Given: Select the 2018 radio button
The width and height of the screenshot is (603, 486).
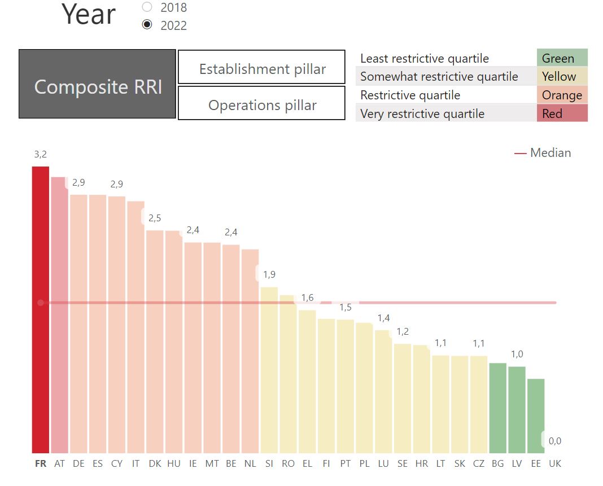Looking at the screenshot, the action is click(x=147, y=7).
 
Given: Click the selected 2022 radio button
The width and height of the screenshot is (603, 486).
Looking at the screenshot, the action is click(x=147, y=25).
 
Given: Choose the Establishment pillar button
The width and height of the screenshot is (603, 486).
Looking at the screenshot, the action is click(x=261, y=67).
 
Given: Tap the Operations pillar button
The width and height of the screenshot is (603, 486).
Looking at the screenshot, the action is click(x=261, y=103).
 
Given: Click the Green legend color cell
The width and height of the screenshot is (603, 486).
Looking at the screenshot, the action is click(x=562, y=58).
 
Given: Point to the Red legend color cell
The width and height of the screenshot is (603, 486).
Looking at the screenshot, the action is click(x=562, y=113).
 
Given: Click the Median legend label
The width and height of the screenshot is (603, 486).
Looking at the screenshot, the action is click(x=550, y=152).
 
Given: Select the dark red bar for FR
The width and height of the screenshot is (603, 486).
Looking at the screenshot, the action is click(x=41, y=310).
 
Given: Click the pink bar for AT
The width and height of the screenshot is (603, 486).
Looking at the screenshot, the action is click(x=59, y=316).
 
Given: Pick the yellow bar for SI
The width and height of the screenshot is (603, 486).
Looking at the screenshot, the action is click(x=269, y=370).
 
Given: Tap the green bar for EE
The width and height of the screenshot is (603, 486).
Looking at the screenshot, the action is click(x=536, y=416).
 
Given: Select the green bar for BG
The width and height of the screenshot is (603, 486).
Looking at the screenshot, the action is click(x=497, y=408).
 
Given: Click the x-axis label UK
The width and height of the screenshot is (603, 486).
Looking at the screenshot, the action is click(x=555, y=463).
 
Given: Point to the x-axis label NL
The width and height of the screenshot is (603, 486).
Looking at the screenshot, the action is click(x=250, y=463).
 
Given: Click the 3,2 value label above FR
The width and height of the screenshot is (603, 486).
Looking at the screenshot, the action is click(x=41, y=155).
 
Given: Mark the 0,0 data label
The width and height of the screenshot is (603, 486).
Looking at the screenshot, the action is click(x=555, y=441).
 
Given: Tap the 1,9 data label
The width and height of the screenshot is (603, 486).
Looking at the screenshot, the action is click(x=269, y=274).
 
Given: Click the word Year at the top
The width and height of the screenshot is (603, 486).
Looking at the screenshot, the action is click(x=89, y=14).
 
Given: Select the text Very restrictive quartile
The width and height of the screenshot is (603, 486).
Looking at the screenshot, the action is click(x=422, y=114).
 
